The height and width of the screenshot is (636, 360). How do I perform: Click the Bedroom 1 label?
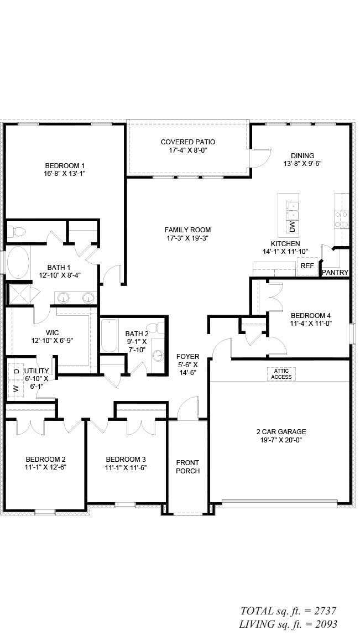(x=65, y=165)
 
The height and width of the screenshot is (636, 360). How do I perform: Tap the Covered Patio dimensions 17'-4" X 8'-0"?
(x=187, y=150)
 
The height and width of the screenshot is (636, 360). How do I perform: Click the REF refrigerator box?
(x=307, y=266)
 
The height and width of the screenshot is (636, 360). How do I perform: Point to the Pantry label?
(x=335, y=273)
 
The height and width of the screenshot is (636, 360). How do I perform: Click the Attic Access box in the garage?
(x=281, y=374)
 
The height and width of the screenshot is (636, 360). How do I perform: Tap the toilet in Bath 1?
(x=16, y=232)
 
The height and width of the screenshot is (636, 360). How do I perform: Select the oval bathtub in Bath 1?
(x=18, y=262)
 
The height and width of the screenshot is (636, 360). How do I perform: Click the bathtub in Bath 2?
(x=109, y=336)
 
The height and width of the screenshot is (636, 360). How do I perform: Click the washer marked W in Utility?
(x=16, y=389)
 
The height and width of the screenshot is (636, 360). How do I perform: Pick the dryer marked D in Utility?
(x=16, y=371)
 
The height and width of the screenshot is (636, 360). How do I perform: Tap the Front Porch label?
(x=187, y=467)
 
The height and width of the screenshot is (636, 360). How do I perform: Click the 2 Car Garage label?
(x=281, y=431)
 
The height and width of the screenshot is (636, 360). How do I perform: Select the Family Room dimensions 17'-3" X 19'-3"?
(x=187, y=238)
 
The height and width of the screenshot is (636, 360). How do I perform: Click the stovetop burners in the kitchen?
(x=341, y=220)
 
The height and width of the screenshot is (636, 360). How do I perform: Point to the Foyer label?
(x=187, y=357)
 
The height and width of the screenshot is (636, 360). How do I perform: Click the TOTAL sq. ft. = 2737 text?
(x=289, y=611)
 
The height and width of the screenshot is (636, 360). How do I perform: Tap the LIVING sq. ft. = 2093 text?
(x=288, y=624)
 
